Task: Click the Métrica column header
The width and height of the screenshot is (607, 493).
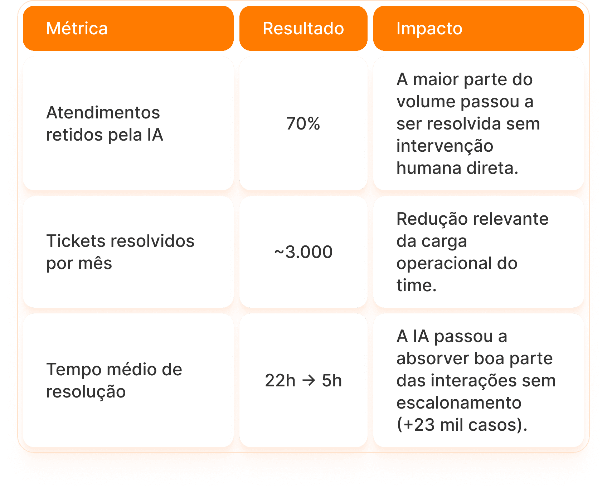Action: point(77,29)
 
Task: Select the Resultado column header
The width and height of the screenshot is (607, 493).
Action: point(303,29)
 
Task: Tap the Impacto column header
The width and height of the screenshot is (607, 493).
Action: point(429,29)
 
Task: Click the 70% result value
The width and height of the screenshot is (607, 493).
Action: point(303,124)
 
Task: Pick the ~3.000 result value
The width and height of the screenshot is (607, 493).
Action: point(303,252)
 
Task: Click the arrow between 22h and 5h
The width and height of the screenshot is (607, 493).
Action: point(309,381)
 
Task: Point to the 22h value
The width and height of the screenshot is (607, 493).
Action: point(280,381)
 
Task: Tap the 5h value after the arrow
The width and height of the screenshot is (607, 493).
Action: point(332,381)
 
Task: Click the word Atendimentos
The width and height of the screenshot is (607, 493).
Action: point(103,113)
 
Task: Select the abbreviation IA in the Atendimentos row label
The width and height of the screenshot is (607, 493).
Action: point(155,135)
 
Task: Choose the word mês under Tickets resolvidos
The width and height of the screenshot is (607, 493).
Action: point(95,264)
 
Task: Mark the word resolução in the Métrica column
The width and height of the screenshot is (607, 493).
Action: point(86,392)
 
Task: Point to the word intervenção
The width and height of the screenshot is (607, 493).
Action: point(445,146)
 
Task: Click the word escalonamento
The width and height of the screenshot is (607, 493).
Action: point(459,403)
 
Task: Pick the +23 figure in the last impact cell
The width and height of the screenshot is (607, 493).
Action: point(417,425)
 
